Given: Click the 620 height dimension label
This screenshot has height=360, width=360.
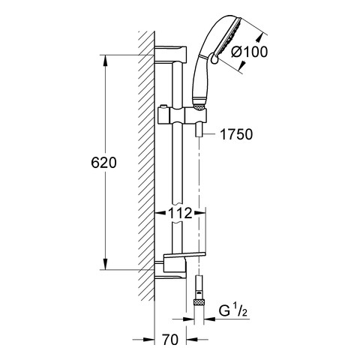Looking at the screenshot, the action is point(103,163).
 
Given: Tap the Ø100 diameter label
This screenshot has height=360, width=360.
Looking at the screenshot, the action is point(249,52).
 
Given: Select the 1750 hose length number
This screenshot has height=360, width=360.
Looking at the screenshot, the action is point(236,134).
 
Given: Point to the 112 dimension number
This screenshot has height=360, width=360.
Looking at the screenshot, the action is point(180,213).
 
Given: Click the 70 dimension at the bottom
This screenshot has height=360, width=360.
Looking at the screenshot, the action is point(170,340).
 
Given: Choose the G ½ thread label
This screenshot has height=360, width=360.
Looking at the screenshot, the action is point(232,311).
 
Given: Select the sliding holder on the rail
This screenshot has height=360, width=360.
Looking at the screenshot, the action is point(182,115).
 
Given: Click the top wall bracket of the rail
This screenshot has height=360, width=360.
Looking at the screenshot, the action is point(171,55).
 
